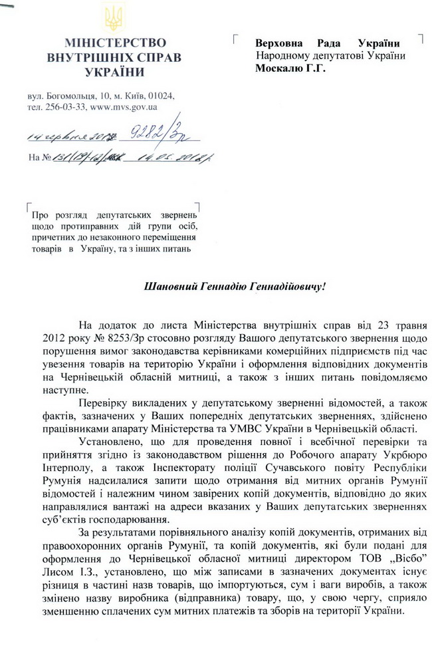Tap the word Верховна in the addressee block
click(x=280, y=43)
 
